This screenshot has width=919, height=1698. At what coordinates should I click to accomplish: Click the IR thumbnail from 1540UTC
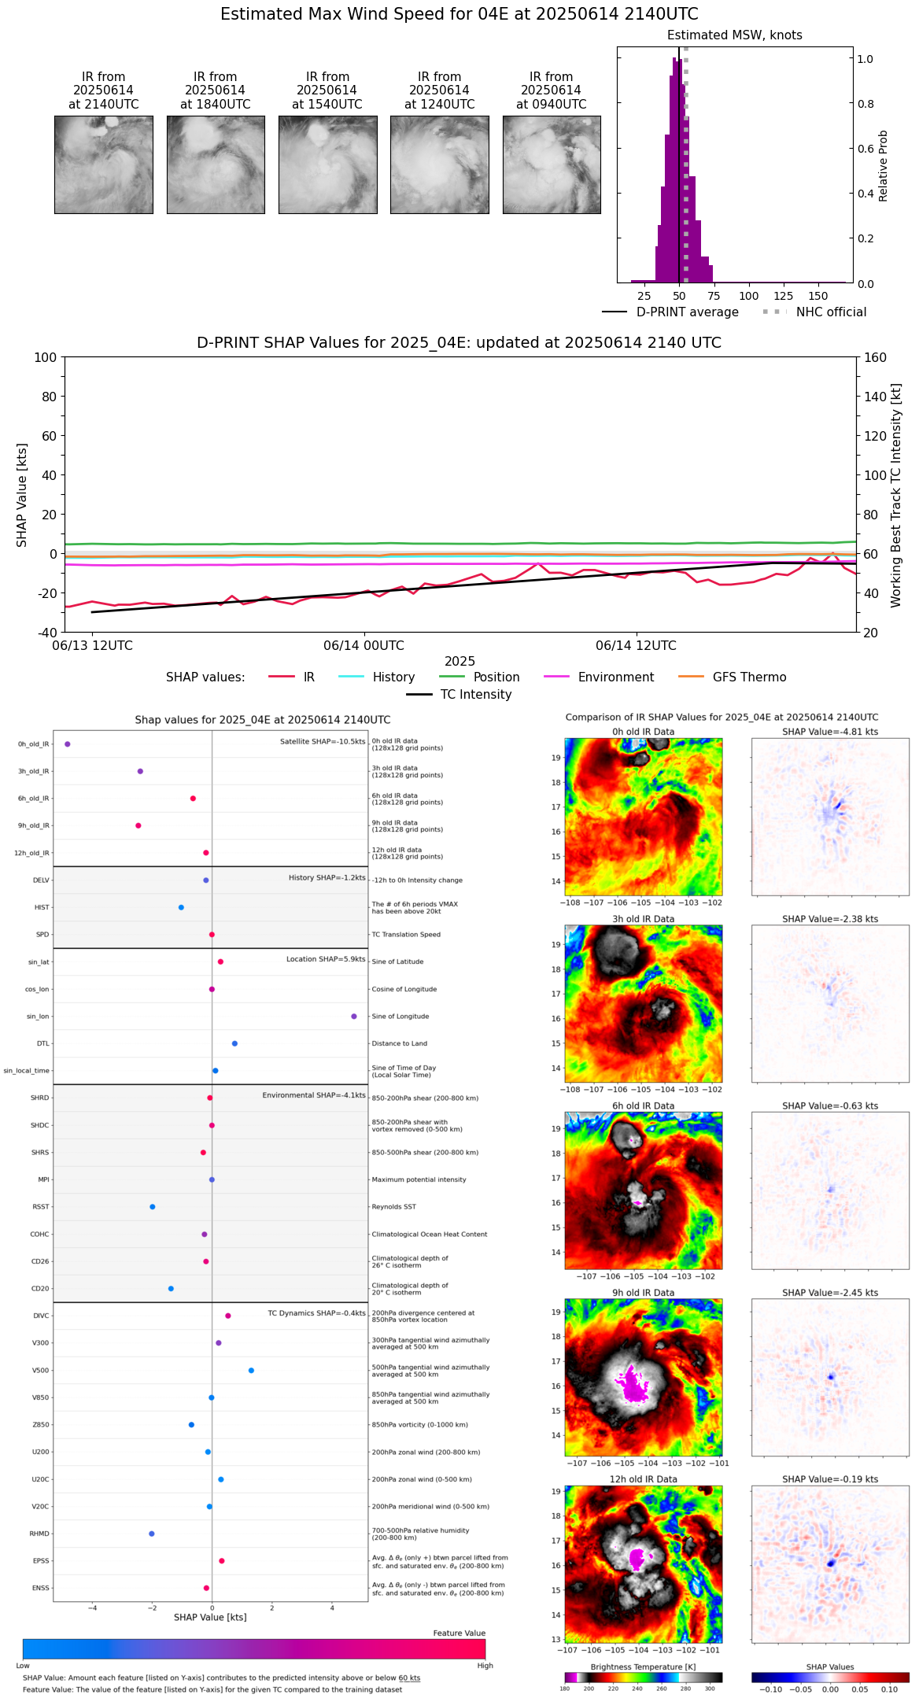click(327, 164)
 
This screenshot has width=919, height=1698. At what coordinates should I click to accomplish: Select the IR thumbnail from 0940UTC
click(552, 164)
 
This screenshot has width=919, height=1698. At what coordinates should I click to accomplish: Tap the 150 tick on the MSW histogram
click(818, 296)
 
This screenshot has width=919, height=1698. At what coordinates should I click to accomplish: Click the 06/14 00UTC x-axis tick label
click(364, 646)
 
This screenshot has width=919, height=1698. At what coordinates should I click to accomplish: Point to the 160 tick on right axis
click(875, 358)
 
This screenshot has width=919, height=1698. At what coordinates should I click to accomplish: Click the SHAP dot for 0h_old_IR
click(68, 744)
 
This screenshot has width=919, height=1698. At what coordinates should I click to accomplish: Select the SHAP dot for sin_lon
click(354, 1017)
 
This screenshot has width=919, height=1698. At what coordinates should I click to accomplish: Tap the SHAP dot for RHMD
click(152, 1534)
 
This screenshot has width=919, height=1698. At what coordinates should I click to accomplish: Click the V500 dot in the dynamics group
click(251, 1371)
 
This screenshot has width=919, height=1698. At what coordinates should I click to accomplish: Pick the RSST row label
click(40, 1207)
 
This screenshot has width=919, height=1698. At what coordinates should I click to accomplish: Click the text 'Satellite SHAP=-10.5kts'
click(323, 742)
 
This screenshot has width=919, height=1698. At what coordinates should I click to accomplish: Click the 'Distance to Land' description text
click(400, 1044)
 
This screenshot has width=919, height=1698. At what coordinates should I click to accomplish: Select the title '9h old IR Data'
click(643, 1293)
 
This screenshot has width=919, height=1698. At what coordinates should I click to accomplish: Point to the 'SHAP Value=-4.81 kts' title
click(830, 733)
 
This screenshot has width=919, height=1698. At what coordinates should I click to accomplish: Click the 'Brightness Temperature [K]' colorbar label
click(643, 1667)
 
